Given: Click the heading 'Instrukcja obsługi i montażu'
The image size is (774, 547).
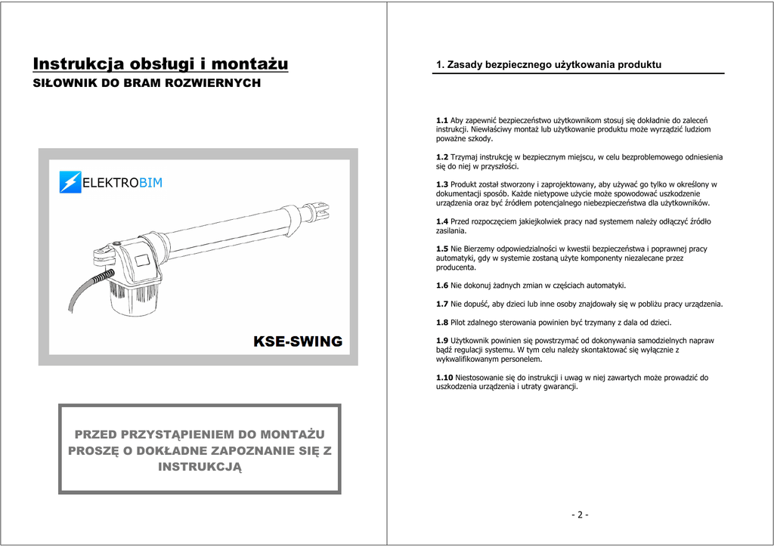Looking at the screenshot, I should click(160, 63).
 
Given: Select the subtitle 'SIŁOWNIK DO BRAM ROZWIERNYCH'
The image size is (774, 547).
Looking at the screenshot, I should click(147, 83).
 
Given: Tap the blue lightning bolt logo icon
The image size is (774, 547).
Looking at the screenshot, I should click(70, 182).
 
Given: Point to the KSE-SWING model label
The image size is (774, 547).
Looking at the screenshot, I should click(298, 341).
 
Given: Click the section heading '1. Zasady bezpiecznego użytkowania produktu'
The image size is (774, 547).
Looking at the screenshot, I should click(549, 65).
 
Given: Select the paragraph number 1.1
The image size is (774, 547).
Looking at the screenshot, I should click(442, 121).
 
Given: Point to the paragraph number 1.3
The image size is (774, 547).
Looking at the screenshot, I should click(442, 184).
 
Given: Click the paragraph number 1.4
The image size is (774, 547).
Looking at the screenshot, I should click(442, 221).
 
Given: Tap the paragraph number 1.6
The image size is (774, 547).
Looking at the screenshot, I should click(442, 286).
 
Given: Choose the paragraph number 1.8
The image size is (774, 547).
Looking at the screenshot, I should click(442, 323).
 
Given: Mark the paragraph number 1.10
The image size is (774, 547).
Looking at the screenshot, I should click(444, 378).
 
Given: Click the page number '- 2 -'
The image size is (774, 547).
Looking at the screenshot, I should click(580, 515).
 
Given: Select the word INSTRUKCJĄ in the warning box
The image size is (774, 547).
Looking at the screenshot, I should click(200, 467).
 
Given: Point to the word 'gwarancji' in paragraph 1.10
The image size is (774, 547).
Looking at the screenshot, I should click(559, 387).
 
